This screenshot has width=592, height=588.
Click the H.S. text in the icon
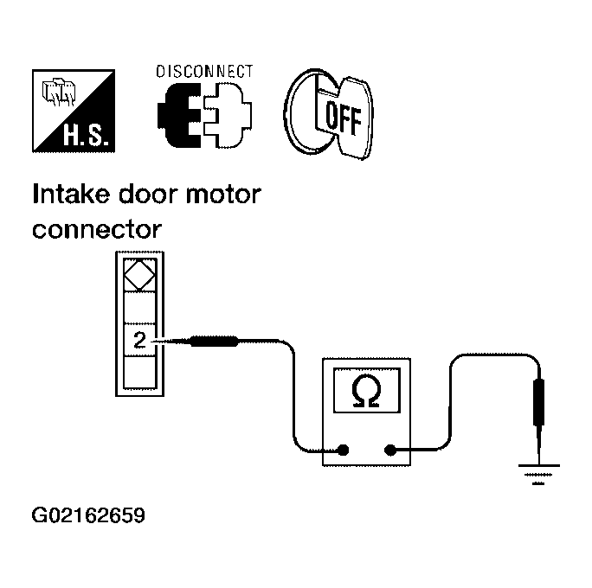click(86, 136)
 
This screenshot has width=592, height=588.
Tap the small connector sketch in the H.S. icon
click(59, 92)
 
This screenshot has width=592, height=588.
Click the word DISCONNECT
click(204, 71)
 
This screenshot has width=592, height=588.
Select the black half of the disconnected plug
click(179, 115)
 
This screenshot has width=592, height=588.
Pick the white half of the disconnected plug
click(228, 115)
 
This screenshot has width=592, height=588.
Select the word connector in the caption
click(97, 229)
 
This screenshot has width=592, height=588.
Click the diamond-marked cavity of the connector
click(139, 275)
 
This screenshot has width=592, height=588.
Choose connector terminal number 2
click(139, 340)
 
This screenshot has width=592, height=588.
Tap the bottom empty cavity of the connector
click(139, 373)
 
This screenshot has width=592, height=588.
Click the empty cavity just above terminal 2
click(139, 307)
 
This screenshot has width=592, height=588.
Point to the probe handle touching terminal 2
click(214, 342)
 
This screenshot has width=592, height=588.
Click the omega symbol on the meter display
click(366, 392)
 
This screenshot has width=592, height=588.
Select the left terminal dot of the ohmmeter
click(344, 450)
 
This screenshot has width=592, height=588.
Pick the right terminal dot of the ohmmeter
click(389, 450)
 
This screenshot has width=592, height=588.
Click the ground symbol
click(538, 474)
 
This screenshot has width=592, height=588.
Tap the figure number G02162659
click(88, 515)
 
